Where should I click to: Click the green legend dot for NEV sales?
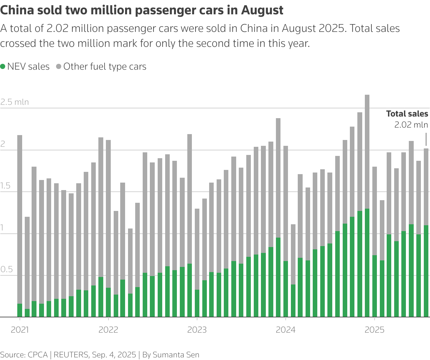point(3,67)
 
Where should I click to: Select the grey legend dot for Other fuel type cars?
point(59,67)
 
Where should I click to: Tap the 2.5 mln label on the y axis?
point(15,102)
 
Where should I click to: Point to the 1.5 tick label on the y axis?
point(6,186)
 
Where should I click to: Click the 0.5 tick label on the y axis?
point(7,270)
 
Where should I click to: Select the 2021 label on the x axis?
point(20,330)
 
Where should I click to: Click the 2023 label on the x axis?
point(197,330)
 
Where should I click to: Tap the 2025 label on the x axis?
point(374,330)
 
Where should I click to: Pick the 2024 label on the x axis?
point(285,330)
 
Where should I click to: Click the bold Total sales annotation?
point(407,114)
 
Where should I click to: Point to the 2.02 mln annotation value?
point(411,125)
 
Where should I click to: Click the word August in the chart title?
point(262,10)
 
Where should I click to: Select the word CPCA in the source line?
point(38,354)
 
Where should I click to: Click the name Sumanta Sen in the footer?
point(176,354)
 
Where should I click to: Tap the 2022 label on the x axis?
point(108,330)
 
